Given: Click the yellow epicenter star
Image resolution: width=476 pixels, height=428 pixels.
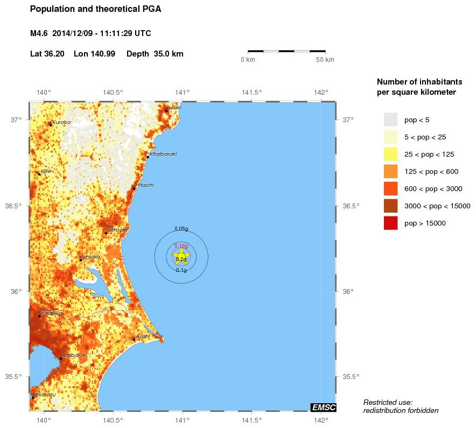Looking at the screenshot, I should (181, 257).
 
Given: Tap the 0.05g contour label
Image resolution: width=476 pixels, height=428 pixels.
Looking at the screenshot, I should (181, 229).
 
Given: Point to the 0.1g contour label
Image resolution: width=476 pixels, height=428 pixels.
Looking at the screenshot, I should (181, 270).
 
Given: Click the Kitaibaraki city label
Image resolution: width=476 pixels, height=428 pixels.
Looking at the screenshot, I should (163, 154).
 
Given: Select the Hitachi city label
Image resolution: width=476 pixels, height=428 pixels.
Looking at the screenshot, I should (145, 185).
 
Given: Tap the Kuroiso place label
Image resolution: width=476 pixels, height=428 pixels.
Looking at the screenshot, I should (61, 122).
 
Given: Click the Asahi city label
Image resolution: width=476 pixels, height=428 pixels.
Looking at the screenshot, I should (143, 336).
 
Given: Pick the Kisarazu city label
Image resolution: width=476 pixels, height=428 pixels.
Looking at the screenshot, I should (45, 395).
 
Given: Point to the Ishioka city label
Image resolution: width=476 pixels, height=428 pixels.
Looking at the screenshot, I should (91, 257).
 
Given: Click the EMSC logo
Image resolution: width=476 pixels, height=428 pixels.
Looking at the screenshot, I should (324, 408).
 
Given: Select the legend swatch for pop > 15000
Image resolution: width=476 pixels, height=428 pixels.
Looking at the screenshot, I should (390, 223).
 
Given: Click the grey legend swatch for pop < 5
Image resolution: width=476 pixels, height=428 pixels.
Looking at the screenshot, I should (390, 120).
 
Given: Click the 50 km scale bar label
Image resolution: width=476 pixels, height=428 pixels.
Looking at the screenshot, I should (325, 59).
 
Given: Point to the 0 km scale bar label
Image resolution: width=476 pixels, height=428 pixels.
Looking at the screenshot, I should (248, 59).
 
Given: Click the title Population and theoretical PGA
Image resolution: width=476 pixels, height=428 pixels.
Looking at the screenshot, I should (96, 9).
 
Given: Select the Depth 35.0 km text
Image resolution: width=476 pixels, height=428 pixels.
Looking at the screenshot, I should (155, 54).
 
